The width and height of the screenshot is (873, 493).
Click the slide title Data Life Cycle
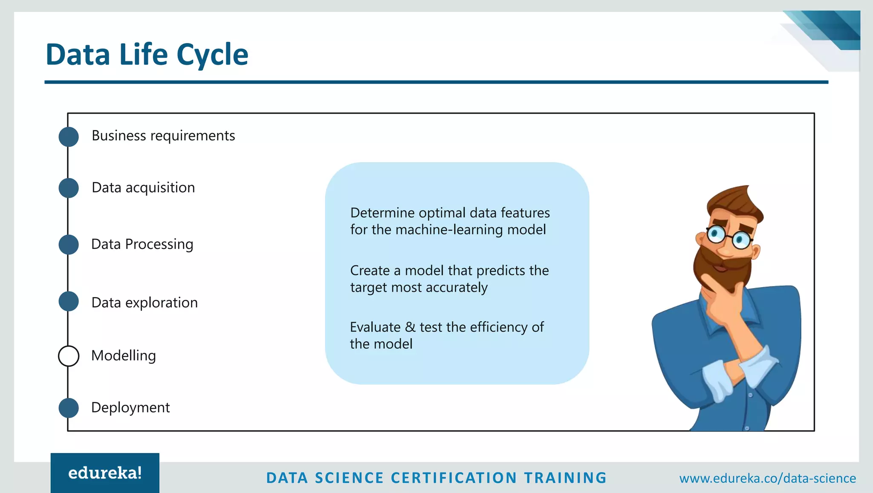(147, 55)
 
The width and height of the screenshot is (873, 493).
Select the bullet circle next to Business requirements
(69, 137)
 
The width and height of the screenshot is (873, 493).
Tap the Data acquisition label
(143, 187)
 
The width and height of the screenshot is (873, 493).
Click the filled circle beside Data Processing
(69, 245)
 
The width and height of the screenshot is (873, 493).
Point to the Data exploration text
(145, 303)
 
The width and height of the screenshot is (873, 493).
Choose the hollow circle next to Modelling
(69, 356)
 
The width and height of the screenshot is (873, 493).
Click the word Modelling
(124, 355)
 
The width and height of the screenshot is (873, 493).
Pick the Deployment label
(130, 407)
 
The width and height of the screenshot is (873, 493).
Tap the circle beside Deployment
(69, 408)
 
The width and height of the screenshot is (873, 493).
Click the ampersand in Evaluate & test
(410, 327)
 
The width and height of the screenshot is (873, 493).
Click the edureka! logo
(105, 473)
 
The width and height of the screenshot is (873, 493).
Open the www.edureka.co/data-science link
(767, 478)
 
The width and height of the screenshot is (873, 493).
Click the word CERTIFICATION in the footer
(454, 478)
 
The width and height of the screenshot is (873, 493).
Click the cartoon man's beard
(720, 266)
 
